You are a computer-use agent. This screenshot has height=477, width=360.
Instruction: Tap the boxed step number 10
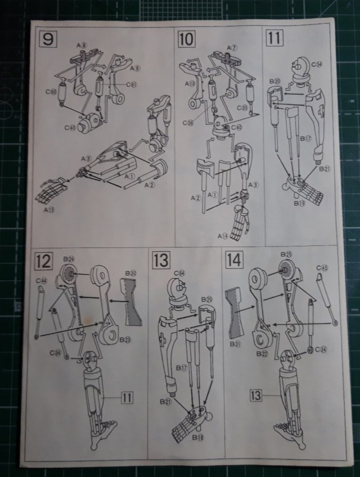click(185, 39)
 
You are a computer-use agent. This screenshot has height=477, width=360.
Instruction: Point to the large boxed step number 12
click(44, 262)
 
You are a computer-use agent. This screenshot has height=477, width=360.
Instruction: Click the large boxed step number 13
click(160, 260)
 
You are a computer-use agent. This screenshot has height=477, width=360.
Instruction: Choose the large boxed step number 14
click(234, 260)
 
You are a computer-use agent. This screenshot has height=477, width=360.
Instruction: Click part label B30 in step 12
click(130, 273)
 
